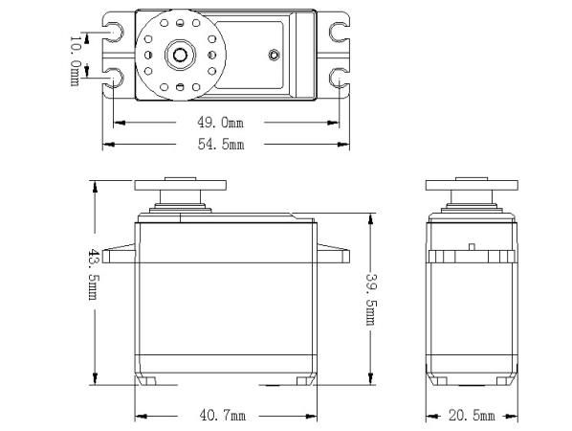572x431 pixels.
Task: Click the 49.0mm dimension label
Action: click(x=220, y=123)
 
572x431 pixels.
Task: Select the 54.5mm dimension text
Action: click(x=221, y=145)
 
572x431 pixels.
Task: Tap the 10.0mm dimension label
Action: click(x=75, y=60)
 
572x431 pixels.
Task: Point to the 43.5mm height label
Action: click(x=94, y=274)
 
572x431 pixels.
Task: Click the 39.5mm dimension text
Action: click(x=371, y=299)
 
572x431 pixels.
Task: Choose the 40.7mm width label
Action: click(x=223, y=416)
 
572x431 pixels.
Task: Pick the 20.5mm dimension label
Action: click(x=472, y=416)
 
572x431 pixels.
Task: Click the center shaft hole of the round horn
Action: click(x=180, y=56)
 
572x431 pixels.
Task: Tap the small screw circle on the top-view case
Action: click(x=274, y=56)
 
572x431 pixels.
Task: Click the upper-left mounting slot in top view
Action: click(x=114, y=33)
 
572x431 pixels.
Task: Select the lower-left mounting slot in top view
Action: click(x=114, y=78)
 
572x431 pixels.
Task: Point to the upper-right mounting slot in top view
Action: click(x=340, y=33)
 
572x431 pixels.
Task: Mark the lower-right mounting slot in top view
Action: click(x=340, y=78)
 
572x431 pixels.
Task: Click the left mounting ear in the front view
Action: click(x=119, y=254)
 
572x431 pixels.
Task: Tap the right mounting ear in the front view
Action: click(x=334, y=254)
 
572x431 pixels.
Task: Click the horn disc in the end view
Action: click(x=472, y=185)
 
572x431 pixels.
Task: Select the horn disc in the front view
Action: click(x=180, y=185)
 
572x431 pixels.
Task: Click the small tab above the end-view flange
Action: click(x=472, y=247)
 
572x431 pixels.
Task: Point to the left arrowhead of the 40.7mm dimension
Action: click(x=141, y=416)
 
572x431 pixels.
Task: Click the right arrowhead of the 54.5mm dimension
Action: click(x=343, y=145)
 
